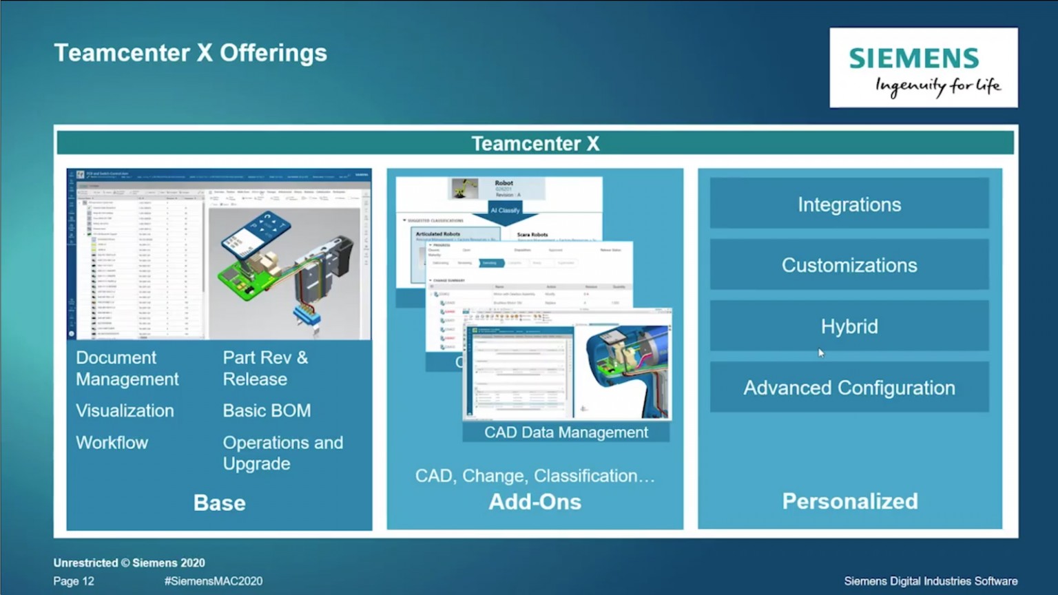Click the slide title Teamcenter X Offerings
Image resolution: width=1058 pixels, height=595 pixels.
pyautogui.click(x=190, y=53)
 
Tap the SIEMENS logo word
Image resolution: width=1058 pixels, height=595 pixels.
pyautogui.click(x=913, y=59)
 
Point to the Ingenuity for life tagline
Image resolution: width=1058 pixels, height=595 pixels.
pyautogui.click(x=937, y=86)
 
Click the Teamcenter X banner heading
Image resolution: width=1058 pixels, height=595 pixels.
pyautogui.click(x=535, y=143)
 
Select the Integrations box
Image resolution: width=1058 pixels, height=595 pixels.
pyautogui.click(x=849, y=205)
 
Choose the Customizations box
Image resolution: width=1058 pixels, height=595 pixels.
pyautogui.click(x=849, y=265)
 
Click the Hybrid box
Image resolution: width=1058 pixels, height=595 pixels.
pyautogui.click(x=849, y=326)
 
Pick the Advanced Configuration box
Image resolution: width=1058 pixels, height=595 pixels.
pyautogui.click(x=849, y=388)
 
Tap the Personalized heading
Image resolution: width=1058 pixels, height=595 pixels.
pyautogui.click(x=849, y=501)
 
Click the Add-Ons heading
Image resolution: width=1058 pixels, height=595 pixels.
pyautogui.click(x=535, y=501)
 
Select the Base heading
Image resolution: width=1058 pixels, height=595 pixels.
pyautogui.click(x=219, y=503)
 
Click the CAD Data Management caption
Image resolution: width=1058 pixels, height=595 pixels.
pyautogui.click(x=566, y=432)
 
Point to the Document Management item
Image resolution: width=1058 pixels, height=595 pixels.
pyautogui.click(x=127, y=368)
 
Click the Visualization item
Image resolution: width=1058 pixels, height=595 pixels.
pyautogui.click(x=125, y=410)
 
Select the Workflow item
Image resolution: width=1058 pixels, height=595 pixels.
pyautogui.click(x=112, y=442)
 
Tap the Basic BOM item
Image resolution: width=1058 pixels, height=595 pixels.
pyautogui.click(x=267, y=410)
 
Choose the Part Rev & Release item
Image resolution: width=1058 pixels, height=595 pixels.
pyautogui.click(x=264, y=368)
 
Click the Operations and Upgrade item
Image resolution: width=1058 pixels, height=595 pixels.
pyautogui.click(x=282, y=452)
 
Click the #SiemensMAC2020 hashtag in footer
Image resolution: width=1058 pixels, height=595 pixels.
pyautogui.click(x=214, y=581)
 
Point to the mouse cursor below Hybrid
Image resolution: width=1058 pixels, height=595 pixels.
pyautogui.click(x=821, y=353)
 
